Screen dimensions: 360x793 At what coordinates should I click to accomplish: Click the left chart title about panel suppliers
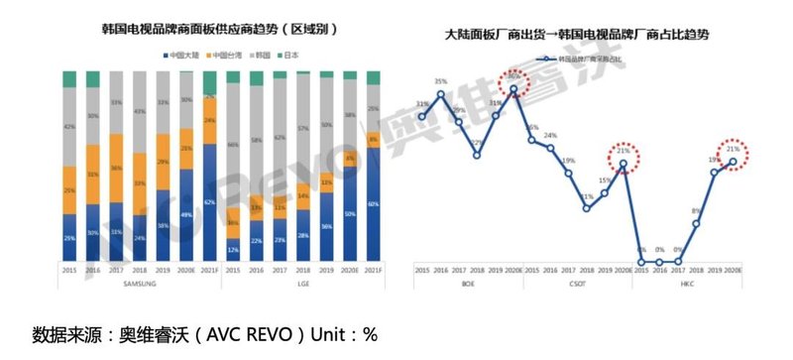pyautogui.click(x=221, y=31)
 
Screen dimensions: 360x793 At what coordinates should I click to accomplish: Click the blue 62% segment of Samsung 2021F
pyautogui.click(x=209, y=219)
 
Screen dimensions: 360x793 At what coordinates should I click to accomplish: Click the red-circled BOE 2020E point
pyautogui.click(x=514, y=89)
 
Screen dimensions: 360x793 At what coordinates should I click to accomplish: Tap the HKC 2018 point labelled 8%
pyautogui.click(x=697, y=224)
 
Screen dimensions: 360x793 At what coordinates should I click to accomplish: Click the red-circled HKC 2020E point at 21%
pyautogui.click(x=733, y=162)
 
